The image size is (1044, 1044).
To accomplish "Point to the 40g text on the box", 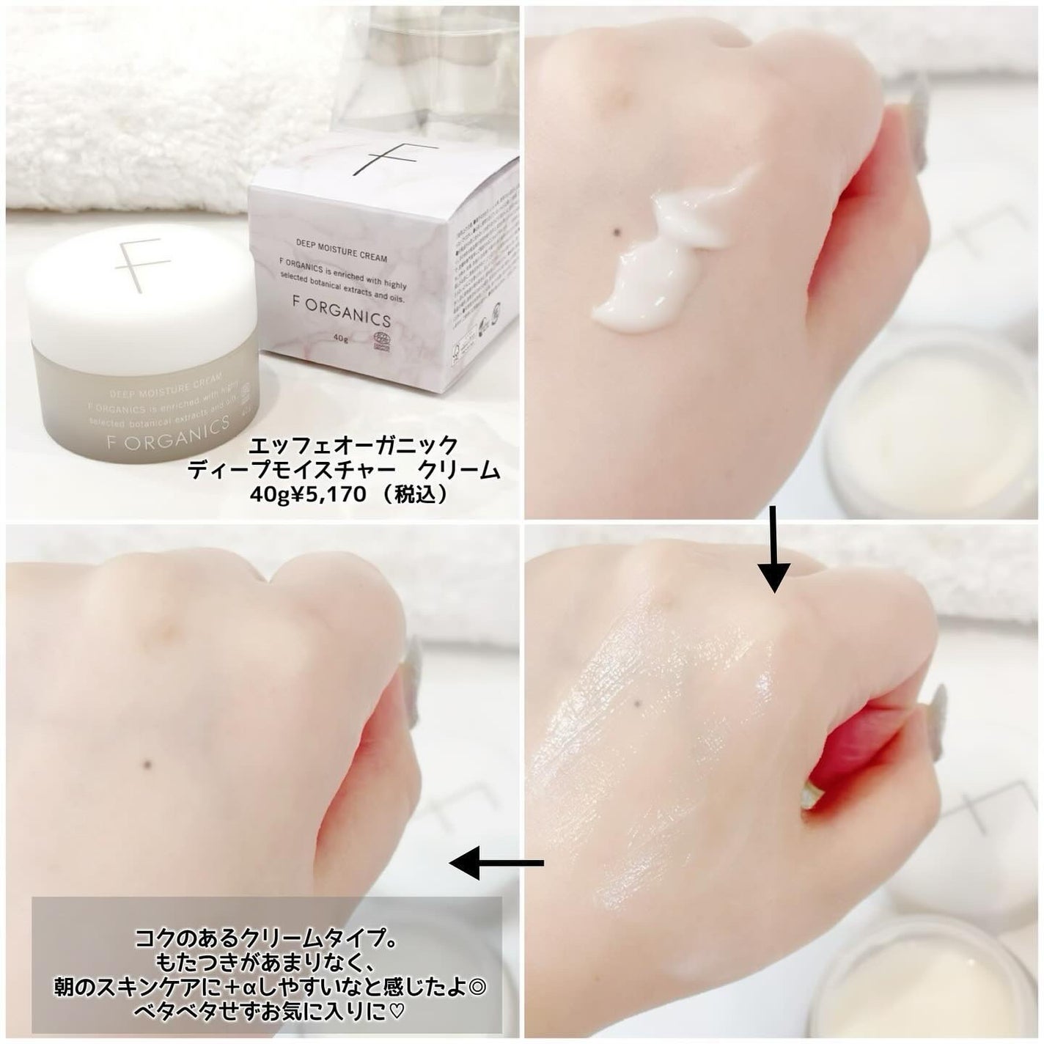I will pos(341,339).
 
